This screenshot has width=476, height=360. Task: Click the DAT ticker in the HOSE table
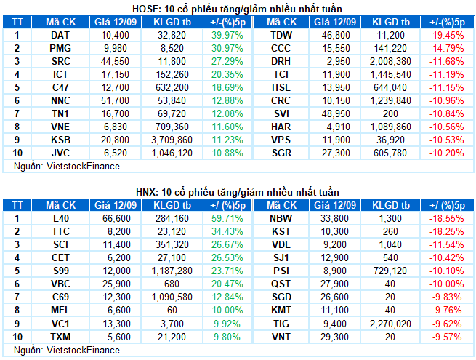(x=60, y=35)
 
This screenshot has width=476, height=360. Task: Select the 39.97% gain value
(x=227, y=35)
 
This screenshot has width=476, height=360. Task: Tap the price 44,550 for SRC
(x=115, y=61)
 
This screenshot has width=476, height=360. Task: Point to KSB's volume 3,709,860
(x=172, y=140)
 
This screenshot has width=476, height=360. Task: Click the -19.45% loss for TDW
(x=446, y=35)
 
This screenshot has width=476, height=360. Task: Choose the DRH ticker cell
(x=281, y=61)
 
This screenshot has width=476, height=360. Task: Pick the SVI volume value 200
(x=390, y=113)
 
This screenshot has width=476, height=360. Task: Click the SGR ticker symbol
(x=281, y=153)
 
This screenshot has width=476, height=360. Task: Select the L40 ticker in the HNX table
(x=61, y=218)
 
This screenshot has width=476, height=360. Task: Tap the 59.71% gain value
(x=227, y=218)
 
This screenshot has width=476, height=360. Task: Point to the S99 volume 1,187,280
(x=172, y=271)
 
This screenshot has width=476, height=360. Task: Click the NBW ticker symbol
(x=281, y=218)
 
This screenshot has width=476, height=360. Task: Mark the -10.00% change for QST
(x=446, y=284)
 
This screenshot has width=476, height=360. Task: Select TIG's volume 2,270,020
(x=390, y=324)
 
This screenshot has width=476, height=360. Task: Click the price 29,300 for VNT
(x=335, y=337)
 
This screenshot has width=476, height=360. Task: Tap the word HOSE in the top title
(x=145, y=9)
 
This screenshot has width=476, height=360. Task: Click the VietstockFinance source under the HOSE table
(x=83, y=166)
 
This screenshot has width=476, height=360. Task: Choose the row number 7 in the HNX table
(x=17, y=297)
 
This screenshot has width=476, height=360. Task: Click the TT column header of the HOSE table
(x=17, y=22)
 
